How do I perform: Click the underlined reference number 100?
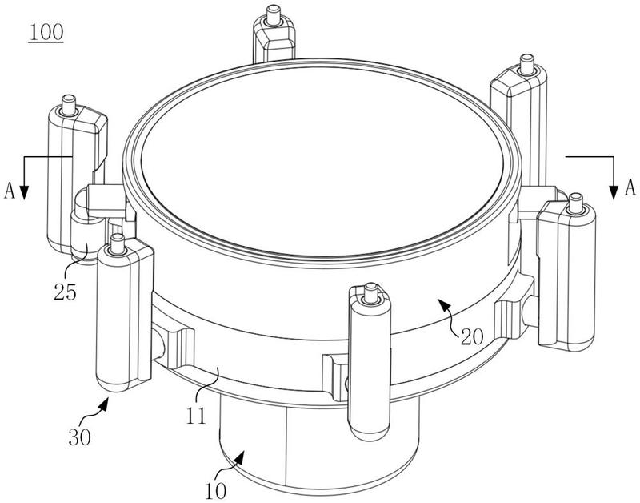(x=46, y=34)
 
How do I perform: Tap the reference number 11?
(x=198, y=416)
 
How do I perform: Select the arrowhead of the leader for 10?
(x=244, y=456)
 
